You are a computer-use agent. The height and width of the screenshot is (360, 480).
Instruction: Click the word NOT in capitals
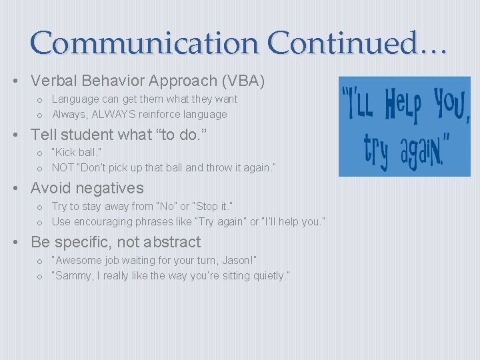pyautogui.click(x=63, y=168)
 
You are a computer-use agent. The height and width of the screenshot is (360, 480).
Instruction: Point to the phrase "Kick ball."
pyautogui.click(x=77, y=153)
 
